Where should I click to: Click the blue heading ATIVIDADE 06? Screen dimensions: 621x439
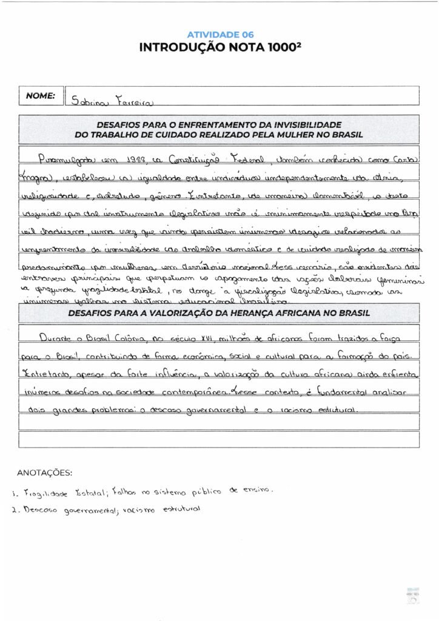[220, 35]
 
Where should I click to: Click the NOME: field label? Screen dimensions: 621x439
[41, 95]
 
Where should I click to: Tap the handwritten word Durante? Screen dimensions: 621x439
[59, 338]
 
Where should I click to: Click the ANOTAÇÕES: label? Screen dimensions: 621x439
[44, 472]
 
